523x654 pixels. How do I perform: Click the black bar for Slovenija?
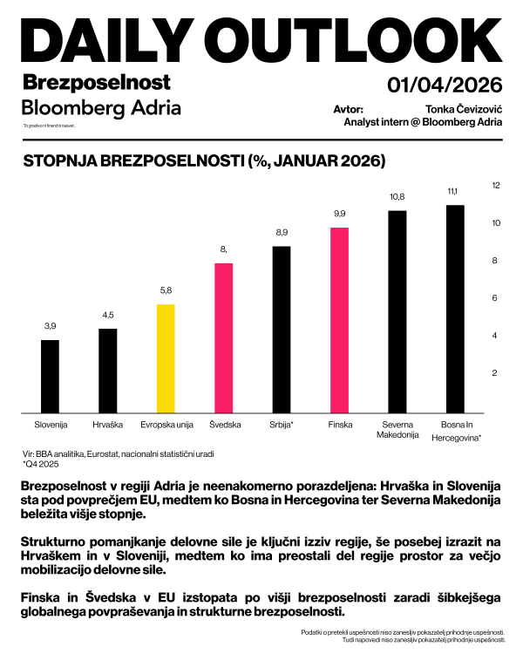pos(51,376)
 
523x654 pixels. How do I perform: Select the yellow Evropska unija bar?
pos(166,358)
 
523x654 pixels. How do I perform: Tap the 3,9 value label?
pos(51,326)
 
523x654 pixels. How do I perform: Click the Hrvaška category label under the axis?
pos(108,425)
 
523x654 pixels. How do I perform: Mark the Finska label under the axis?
pos(339,425)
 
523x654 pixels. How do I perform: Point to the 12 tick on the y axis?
pos(496,186)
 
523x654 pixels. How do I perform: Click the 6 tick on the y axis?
pos(496,298)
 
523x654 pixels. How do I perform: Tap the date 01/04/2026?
pos(445,85)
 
